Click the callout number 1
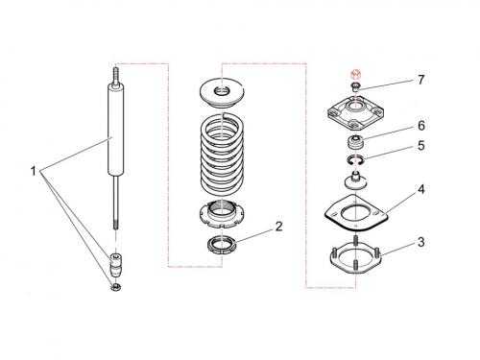34,171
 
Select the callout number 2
279,227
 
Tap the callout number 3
421,242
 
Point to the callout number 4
421,189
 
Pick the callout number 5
421,146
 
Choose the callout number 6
421,126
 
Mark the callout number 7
421,80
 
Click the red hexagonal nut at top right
355,74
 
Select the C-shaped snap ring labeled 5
354,159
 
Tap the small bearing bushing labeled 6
355,142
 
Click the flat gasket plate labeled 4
356,212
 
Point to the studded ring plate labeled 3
355,255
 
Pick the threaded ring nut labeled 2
222,245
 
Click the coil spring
223,153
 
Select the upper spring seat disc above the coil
222,94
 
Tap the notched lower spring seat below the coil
222,213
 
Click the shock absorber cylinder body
115,129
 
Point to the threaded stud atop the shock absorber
115,74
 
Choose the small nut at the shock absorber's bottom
115,287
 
